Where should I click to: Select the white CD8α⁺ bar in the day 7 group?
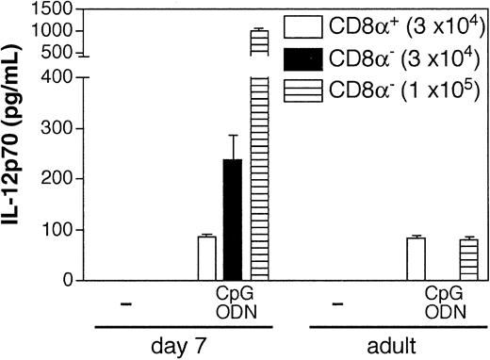coord(206,258)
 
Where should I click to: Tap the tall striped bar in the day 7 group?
coord(258,160)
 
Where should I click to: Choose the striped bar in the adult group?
coord(442,260)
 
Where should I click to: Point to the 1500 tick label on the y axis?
coord(53,8)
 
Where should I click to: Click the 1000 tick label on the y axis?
coord(53,30)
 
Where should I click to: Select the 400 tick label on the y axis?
coord(57,76)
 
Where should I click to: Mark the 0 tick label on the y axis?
coord(65,280)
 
